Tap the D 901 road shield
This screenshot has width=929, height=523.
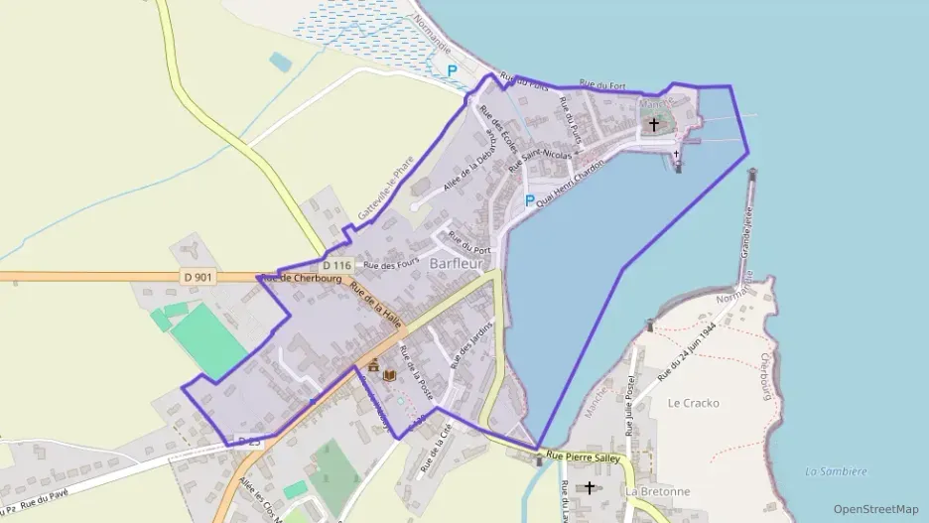[198, 278]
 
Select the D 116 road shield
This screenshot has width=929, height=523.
[336, 265]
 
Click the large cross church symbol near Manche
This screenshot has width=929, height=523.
[653, 125]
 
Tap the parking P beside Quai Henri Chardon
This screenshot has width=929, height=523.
[529, 200]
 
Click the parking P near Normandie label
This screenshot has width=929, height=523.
[453, 70]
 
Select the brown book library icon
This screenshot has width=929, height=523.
[390, 375]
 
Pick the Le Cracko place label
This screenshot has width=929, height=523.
[694, 403]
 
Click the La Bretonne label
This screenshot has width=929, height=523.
[658, 491]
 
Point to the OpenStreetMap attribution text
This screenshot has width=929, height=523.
[875, 509]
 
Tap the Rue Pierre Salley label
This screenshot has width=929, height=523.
[585, 458]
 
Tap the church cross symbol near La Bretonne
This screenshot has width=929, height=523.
[591, 487]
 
